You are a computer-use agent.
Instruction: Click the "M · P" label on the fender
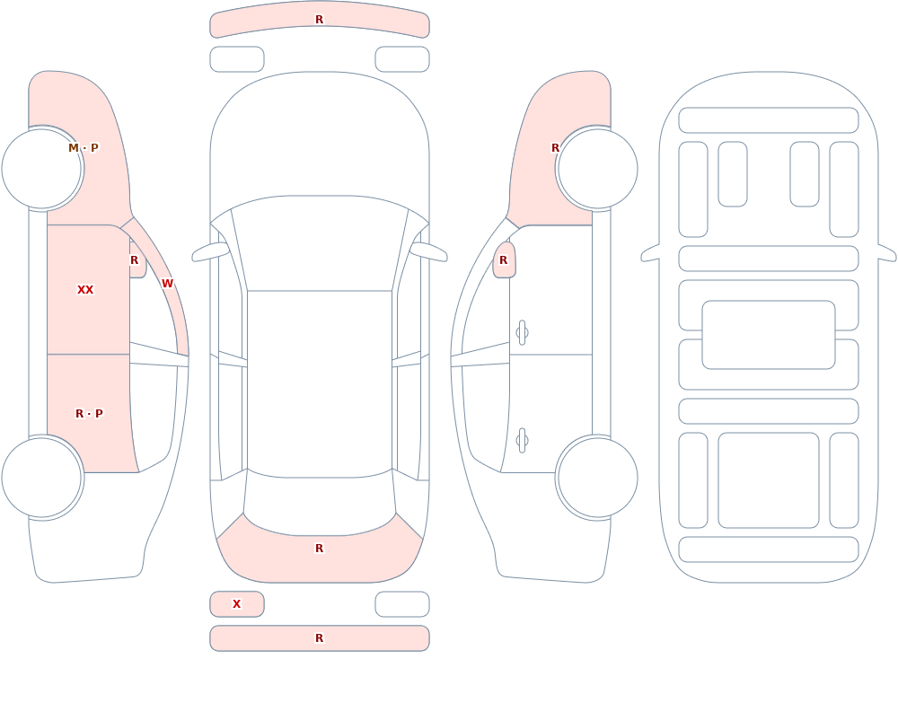pyautogui.click(x=84, y=148)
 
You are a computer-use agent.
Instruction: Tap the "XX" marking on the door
pyautogui.click(x=85, y=290)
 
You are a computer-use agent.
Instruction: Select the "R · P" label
pyautogui.click(x=89, y=414)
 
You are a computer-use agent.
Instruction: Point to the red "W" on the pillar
pyautogui.click(x=167, y=284)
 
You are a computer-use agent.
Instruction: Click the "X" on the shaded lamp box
pyautogui.click(x=236, y=603)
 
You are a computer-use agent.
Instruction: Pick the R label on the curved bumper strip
pyautogui.click(x=320, y=20)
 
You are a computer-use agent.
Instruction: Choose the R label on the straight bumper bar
pyautogui.click(x=320, y=638)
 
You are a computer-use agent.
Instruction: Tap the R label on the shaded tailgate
pyautogui.click(x=320, y=549)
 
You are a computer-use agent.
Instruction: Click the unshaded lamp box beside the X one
pyautogui.click(x=402, y=604)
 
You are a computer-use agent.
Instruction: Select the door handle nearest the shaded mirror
pyautogui.click(x=522, y=333)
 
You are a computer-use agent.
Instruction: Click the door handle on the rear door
pyautogui.click(x=522, y=441)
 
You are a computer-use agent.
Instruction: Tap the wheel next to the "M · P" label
pyautogui.click(x=42, y=169)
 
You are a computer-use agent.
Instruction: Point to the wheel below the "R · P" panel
pyautogui.click(x=42, y=478)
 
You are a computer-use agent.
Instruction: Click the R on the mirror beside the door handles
pyautogui.click(x=504, y=260)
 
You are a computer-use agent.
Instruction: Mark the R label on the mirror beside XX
pyautogui.click(x=134, y=260)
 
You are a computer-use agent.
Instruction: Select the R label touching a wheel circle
pyautogui.click(x=555, y=148)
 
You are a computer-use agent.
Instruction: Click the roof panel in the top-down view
pyautogui.click(x=320, y=383)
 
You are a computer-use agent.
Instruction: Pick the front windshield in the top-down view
pyautogui.click(x=320, y=243)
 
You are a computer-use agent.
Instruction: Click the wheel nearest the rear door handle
pyautogui.click(x=597, y=478)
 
